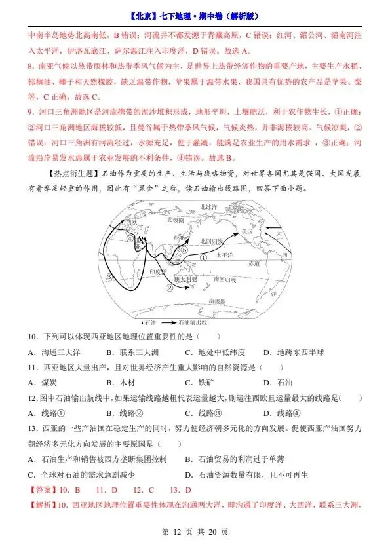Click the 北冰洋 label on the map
pyautogui.click(x=208, y=207)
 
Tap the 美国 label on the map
pyautogui.click(x=247, y=232)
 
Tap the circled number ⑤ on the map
pyautogui.click(x=185, y=250)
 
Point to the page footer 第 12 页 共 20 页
pyautogui.click(x=195, y=532)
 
